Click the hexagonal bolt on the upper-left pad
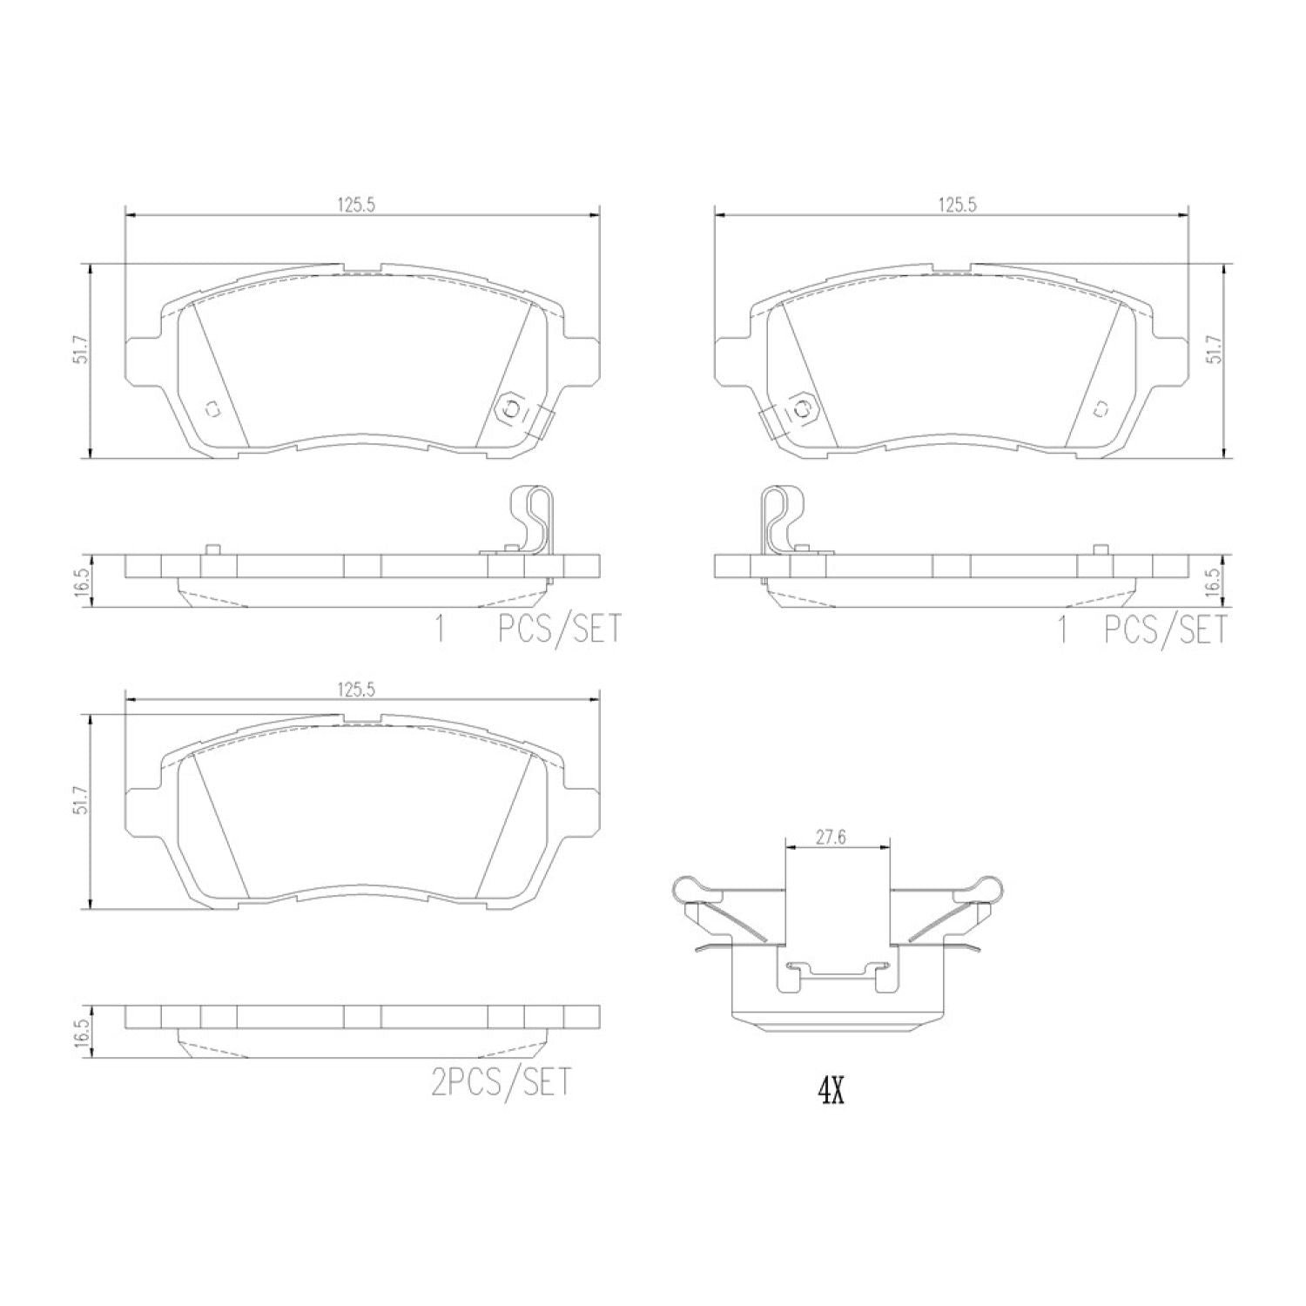(512, 407)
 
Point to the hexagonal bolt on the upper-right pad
(802, 407)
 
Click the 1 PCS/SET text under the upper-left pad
(528, 629)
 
